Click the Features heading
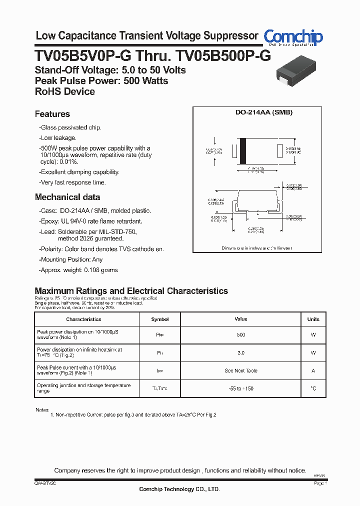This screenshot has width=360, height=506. tap(52, 114)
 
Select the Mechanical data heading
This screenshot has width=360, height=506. tap(67, 197)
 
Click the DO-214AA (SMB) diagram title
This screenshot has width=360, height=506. tap(264, 112)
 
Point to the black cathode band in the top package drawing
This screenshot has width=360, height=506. tap(243, 150)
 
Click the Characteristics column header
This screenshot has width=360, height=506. tap(83, 319)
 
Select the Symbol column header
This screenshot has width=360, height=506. tap(160, 319)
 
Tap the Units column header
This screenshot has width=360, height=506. tap(313, 319)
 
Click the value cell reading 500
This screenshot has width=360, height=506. tap(241, 334)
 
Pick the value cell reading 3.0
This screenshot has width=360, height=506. tap(241, 352)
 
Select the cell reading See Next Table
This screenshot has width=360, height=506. tap(241, 370)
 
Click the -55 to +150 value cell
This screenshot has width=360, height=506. tap(241, 388)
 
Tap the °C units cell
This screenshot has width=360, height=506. tap(313, 388)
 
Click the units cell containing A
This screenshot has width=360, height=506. tap(313, 370)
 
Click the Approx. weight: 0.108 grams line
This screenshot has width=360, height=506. tap(78, 270)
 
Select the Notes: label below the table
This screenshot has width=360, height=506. tap(42, 409)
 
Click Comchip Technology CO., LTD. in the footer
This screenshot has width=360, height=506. tap(179, 489)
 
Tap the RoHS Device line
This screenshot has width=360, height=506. tap(65, 91)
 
